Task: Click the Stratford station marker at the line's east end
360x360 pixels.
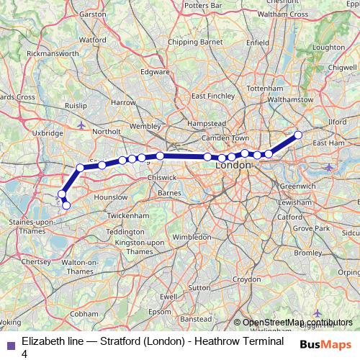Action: (298, 135)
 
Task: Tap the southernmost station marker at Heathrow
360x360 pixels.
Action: (66, 205)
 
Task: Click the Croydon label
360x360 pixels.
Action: (246, 279)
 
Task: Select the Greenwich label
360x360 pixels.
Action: (297, 186)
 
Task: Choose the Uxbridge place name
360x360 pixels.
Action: (48, 133)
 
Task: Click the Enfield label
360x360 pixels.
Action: (257, 43)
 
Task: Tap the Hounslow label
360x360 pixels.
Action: (111, 197)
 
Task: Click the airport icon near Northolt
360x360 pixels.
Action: (81, 126)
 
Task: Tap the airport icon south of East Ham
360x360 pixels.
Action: (329, 167)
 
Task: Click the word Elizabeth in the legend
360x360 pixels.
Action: (40, 340)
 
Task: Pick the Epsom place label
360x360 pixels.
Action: (169, 312)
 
